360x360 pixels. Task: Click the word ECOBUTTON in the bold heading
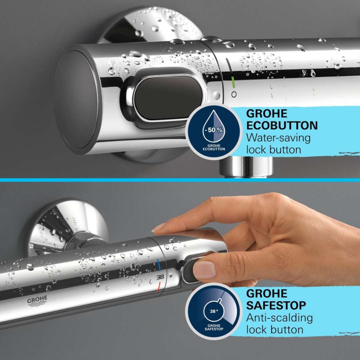[282, 126]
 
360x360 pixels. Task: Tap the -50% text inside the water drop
[213, 130]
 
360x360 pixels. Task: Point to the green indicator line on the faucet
[233, 82]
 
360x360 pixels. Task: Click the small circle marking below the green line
[234, 94]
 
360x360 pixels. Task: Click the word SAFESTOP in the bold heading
[276, 306]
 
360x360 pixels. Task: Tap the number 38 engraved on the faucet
[160, 277]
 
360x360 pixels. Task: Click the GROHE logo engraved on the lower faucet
[37, 301]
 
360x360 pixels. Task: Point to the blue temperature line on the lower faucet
[159, 265]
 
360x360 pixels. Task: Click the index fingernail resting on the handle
[159, 227]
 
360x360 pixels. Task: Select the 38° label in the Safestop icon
[214, 311]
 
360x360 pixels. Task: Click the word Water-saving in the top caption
[278, 138]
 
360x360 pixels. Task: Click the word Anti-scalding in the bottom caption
[279, 318]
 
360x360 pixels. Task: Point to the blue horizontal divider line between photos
[180, 180]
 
